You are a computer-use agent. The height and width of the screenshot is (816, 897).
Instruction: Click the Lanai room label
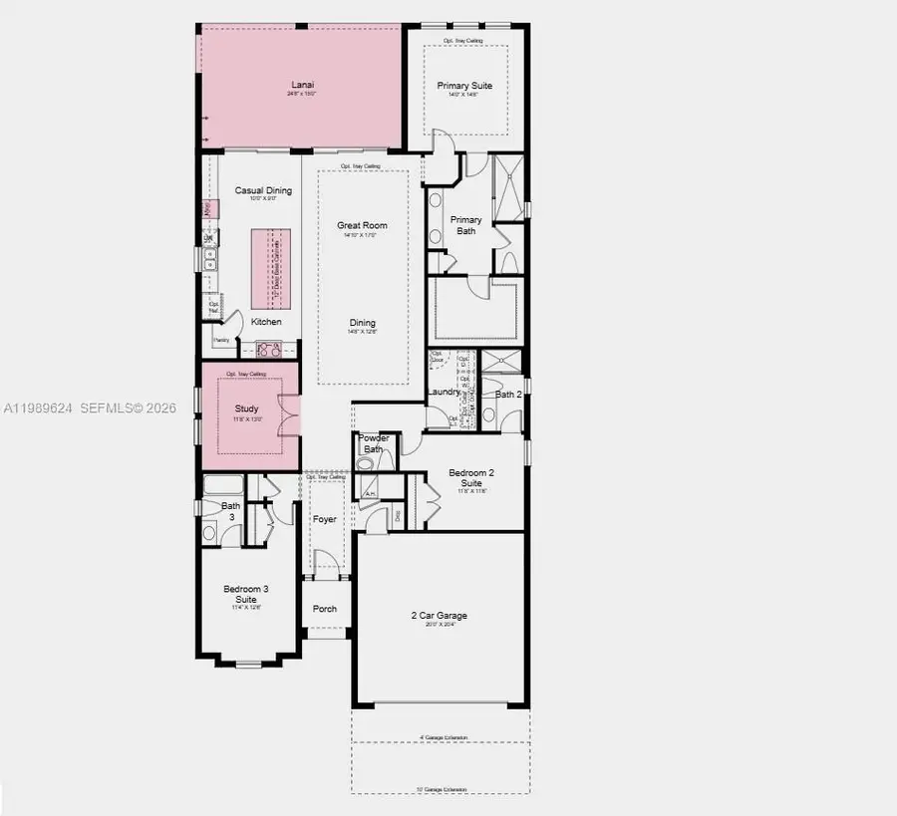pyautogui.click(x=303, y=85)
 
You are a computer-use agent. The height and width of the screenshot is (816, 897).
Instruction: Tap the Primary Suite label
pyautogui.click(x=464, y=86)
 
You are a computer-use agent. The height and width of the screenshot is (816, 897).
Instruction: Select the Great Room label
pyautogui.click(x=362, y=225)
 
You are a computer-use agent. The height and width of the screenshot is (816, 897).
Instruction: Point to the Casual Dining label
pyautogui.click(x=263, y=190)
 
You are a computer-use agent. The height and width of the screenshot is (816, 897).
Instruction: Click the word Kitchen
pyautogui.click(x=266, y=322)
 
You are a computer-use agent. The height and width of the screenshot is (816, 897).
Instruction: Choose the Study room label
pyautogui.click(x=246, y=408)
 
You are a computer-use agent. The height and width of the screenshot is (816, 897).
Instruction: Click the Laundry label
pyautogui.click(x=444, y=392)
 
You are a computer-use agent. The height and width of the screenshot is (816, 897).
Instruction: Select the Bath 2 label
pyautogui.click(x=508, y=395)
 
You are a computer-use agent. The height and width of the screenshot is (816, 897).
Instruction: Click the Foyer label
pyautogui.click(x=325, y=519)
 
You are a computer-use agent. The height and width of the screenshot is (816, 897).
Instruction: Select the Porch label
pyautogui.click(x=325, y=609)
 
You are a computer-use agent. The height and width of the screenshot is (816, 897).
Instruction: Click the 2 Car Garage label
pyautogui.click(x=440, y=616)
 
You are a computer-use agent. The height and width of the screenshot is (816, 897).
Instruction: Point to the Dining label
pyautogui.click(x=362, y=322)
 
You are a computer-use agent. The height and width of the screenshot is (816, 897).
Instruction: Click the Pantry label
pyautogui.click(x=221, y=340)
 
